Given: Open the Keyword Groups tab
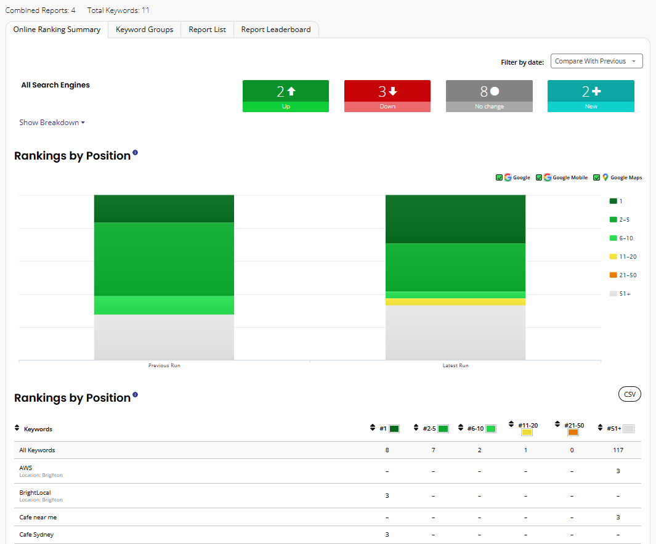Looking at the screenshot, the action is coord(144,30).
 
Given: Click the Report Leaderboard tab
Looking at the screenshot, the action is coord(276,30).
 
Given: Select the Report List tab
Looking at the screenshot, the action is coord(207,30).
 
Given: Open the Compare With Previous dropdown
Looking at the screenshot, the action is coord(597,61).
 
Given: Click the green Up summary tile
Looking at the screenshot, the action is coord(286,96).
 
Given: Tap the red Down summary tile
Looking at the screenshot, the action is coord(387,96).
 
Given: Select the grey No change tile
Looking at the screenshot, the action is coord(489,96).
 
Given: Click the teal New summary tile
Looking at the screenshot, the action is coord(591,96).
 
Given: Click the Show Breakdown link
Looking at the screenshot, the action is coord(52,123).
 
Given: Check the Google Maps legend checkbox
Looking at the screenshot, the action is coord(597,177).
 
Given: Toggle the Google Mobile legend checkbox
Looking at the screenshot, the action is coord(539,177).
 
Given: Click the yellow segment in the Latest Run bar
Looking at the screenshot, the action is coord(455,302).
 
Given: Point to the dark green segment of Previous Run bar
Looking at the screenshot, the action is coord(164,209).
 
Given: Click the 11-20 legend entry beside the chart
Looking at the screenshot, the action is coord(623,256).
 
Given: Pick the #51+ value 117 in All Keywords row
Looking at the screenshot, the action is coord(618,450).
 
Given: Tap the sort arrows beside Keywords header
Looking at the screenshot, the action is coord(17,428).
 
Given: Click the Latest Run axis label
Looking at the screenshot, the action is coord(456,365).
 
